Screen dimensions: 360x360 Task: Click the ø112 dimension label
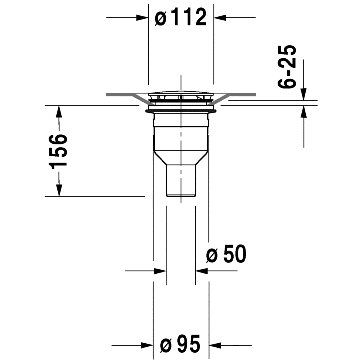pyautogui.click(x=181, y=18)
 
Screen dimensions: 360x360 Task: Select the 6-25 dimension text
pyautogui.click(x=288, y=67)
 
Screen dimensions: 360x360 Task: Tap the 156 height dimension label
pyautogui.click(x=59, y=151)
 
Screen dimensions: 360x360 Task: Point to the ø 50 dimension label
pyautogui.click(x=226, y=255)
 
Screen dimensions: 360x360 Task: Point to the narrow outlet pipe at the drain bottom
pyautogui.click(x=180, y=180)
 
